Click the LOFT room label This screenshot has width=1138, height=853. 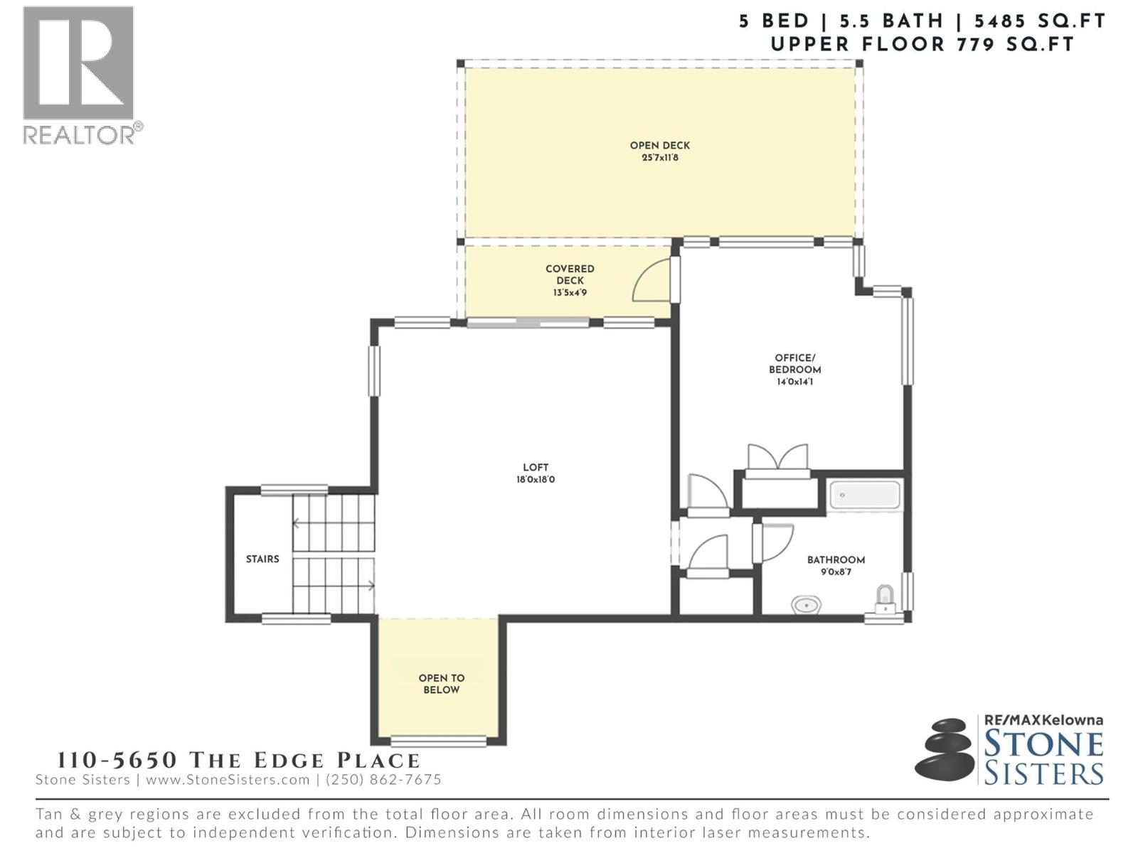point(536,467)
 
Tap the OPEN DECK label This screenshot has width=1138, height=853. point(659,145)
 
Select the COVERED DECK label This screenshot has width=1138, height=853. point(570,274)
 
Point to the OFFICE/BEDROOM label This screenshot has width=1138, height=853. point(794,363)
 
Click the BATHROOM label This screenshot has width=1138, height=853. point(836,559)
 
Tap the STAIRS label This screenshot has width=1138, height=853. point(262,559)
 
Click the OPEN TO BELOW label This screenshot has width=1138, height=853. point(441,683)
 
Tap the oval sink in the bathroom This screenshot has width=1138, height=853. point(806,605)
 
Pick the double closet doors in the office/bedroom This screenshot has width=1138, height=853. point(777,458)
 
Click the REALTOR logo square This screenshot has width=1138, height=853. point(78,63)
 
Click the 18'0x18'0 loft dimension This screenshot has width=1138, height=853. point(536,480)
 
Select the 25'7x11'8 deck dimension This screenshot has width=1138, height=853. point(659,158)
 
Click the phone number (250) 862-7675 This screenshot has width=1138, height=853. point(383,779)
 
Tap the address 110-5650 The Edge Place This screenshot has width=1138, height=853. point(238,760)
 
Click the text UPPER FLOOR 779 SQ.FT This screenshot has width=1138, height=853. point(922,44)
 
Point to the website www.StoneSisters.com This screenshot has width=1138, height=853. point(228,779)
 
